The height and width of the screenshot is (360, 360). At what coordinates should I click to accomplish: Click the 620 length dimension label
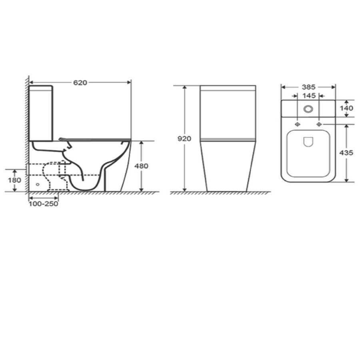80,82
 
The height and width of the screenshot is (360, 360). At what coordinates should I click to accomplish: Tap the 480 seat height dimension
141,166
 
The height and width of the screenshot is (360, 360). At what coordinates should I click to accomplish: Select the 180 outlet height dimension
15,180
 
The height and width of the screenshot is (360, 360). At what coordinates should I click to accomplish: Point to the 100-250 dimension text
44,204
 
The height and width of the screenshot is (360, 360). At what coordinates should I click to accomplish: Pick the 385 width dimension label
308,87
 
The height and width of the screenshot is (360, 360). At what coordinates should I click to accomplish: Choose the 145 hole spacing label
308,96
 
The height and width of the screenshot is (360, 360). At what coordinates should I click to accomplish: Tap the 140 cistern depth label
347,108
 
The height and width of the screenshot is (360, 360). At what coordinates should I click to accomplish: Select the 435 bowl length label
347,153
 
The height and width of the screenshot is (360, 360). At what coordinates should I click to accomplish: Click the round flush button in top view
308,108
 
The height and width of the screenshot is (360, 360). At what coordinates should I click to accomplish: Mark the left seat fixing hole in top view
297,124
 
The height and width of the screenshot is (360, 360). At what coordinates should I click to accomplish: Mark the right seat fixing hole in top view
319,124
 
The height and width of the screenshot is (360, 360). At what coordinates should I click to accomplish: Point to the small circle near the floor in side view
38,184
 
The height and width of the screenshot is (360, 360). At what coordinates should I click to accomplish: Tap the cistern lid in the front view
228,88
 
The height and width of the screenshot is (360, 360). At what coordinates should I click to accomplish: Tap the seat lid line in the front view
228,140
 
